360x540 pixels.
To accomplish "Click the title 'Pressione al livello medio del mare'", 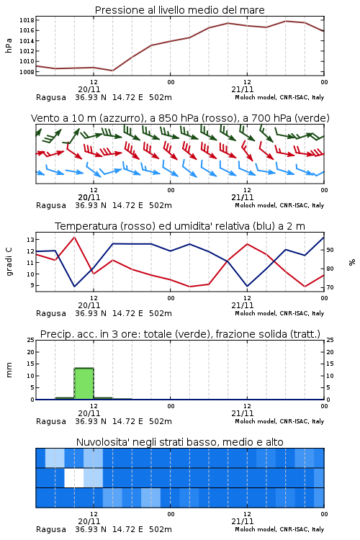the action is tap(179, 10).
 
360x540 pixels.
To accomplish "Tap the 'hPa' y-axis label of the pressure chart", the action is tap(9, 46).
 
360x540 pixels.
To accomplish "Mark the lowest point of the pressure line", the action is tap(112, 71).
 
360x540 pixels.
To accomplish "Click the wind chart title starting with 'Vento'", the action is tap(180, 118).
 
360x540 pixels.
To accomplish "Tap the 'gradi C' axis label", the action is tap(9, 262).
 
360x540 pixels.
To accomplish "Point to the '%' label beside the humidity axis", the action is tap(352, 262).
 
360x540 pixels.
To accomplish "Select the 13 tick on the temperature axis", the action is tap(31, 240).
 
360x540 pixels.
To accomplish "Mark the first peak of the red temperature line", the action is tap(74, 238).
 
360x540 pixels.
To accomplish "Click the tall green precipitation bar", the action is tap(84, 384).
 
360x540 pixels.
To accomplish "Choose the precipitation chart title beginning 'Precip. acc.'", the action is tap(180, 334).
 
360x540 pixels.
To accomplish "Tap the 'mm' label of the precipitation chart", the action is tap(9, 370).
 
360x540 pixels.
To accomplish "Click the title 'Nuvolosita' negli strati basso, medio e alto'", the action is tap(180, 442).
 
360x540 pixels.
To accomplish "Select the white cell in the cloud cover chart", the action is tap(74, 477).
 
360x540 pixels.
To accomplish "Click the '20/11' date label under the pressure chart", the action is tap(89, 89).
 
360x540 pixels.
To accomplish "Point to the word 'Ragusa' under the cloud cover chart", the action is tap(51, 529).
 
